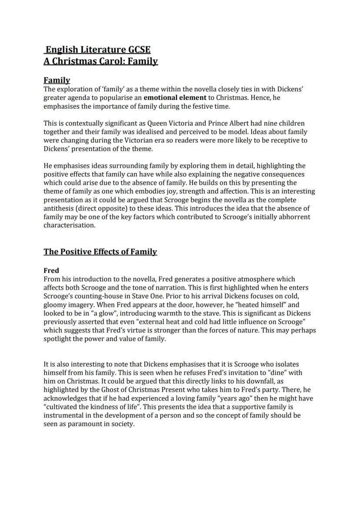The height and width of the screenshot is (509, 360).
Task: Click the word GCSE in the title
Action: [x=136, y=50]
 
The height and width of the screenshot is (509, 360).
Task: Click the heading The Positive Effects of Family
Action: [x=100, y=252]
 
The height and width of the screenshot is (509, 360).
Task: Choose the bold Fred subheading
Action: [x=51, y=270]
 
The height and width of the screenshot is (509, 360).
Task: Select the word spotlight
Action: [x=58, y=339]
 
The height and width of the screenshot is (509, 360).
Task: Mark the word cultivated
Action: [x=63, y=407]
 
